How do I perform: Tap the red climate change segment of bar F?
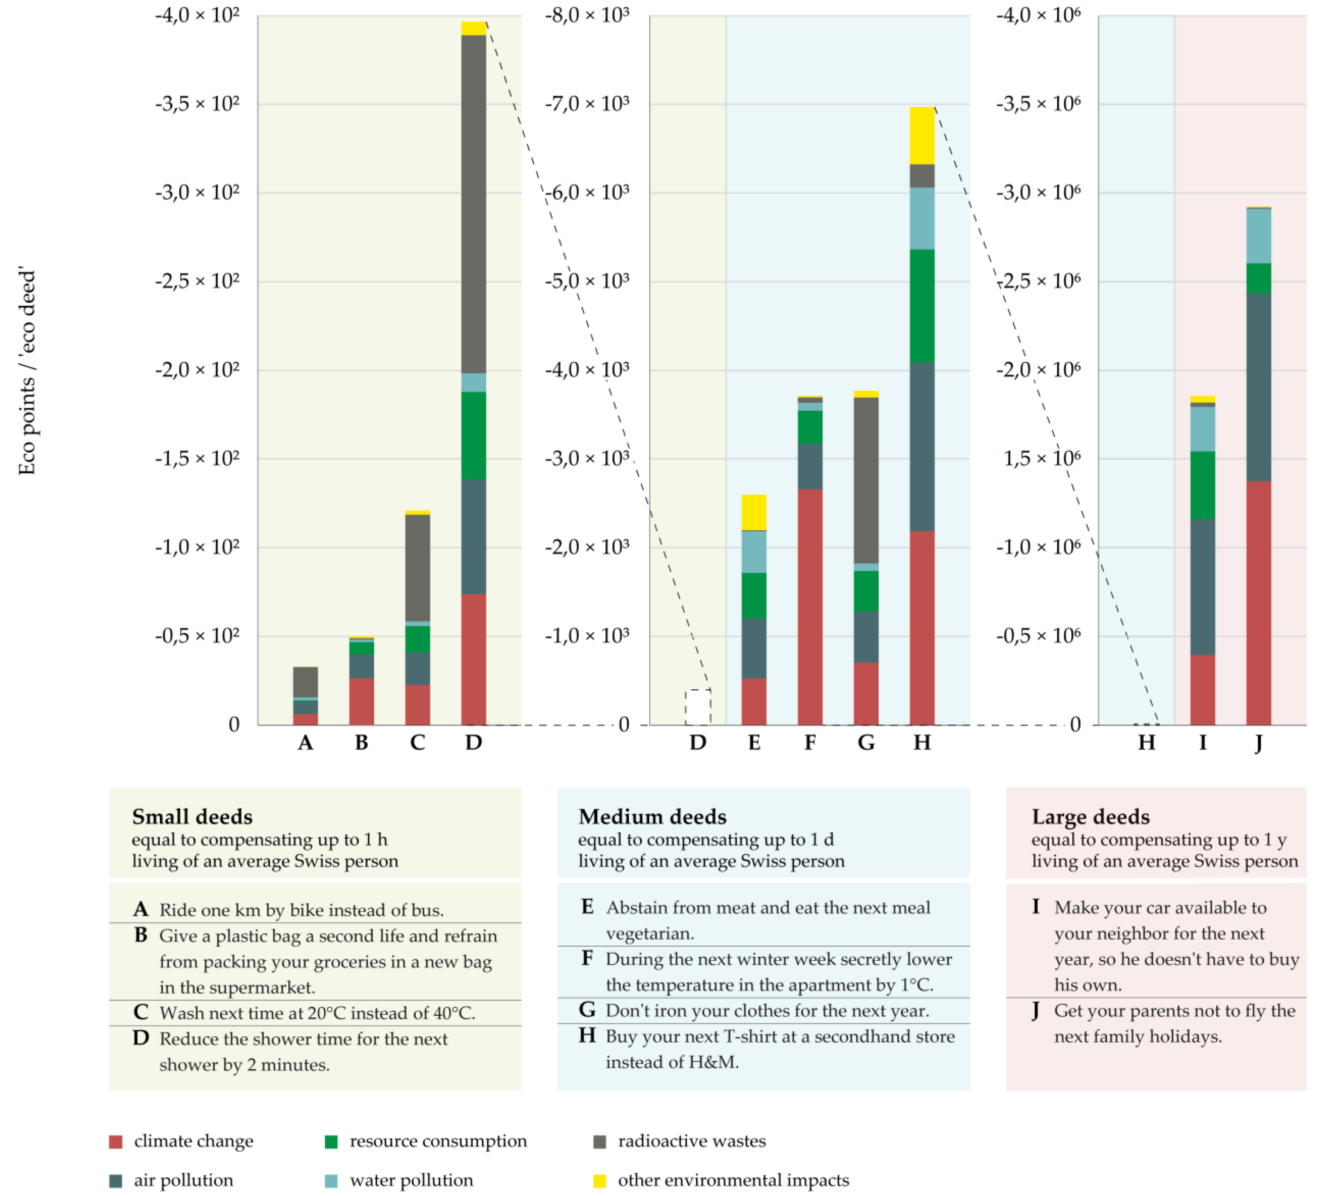pyautogui.click(x=810, y=607)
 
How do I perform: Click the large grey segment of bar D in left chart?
pyautogui.click(x=474, y=204)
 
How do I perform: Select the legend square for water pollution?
pyautogui.click(x=331, y=1181)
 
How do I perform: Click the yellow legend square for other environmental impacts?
pyautogui.click(x=599, y=1181)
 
